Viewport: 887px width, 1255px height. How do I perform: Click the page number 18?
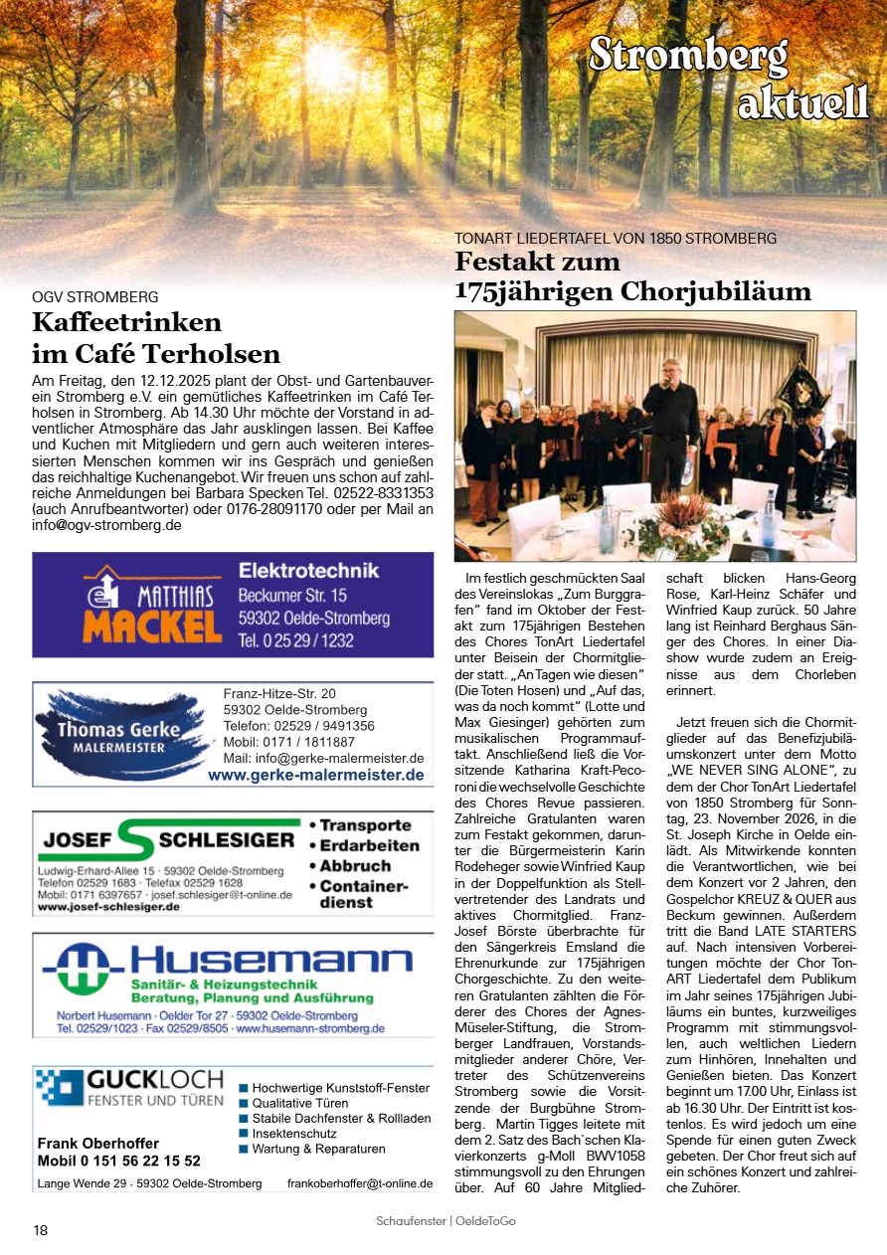pos(41,1230)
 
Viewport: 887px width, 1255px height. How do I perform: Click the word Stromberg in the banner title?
pos(688,55)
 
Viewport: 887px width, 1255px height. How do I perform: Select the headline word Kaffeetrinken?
pos(126,322)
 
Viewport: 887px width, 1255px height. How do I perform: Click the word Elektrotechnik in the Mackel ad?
pos(308,571)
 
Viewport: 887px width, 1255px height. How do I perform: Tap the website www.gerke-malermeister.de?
pos(315,775)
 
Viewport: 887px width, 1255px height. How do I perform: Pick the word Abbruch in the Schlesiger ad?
pos(355,865)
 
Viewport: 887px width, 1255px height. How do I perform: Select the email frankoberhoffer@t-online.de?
pos(359,1183)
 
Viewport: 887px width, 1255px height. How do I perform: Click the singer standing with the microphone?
pos(670,418)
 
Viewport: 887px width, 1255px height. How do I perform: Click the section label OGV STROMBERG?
pos(95,296)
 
